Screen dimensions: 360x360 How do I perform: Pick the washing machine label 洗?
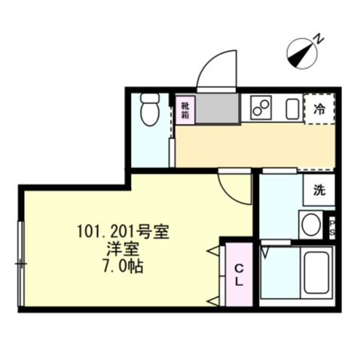(319, 191)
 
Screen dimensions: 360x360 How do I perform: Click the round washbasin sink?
(310, 224)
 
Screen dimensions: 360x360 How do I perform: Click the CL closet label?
(237, 273)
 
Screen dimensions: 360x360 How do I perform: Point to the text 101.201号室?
(123, 232)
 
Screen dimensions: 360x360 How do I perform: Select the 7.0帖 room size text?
(123, 266)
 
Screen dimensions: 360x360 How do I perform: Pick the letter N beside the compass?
(319, 38)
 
